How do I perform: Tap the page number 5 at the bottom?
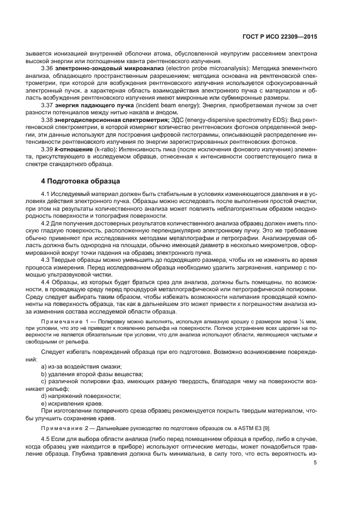pyautogui.click(x=315, y=463)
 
